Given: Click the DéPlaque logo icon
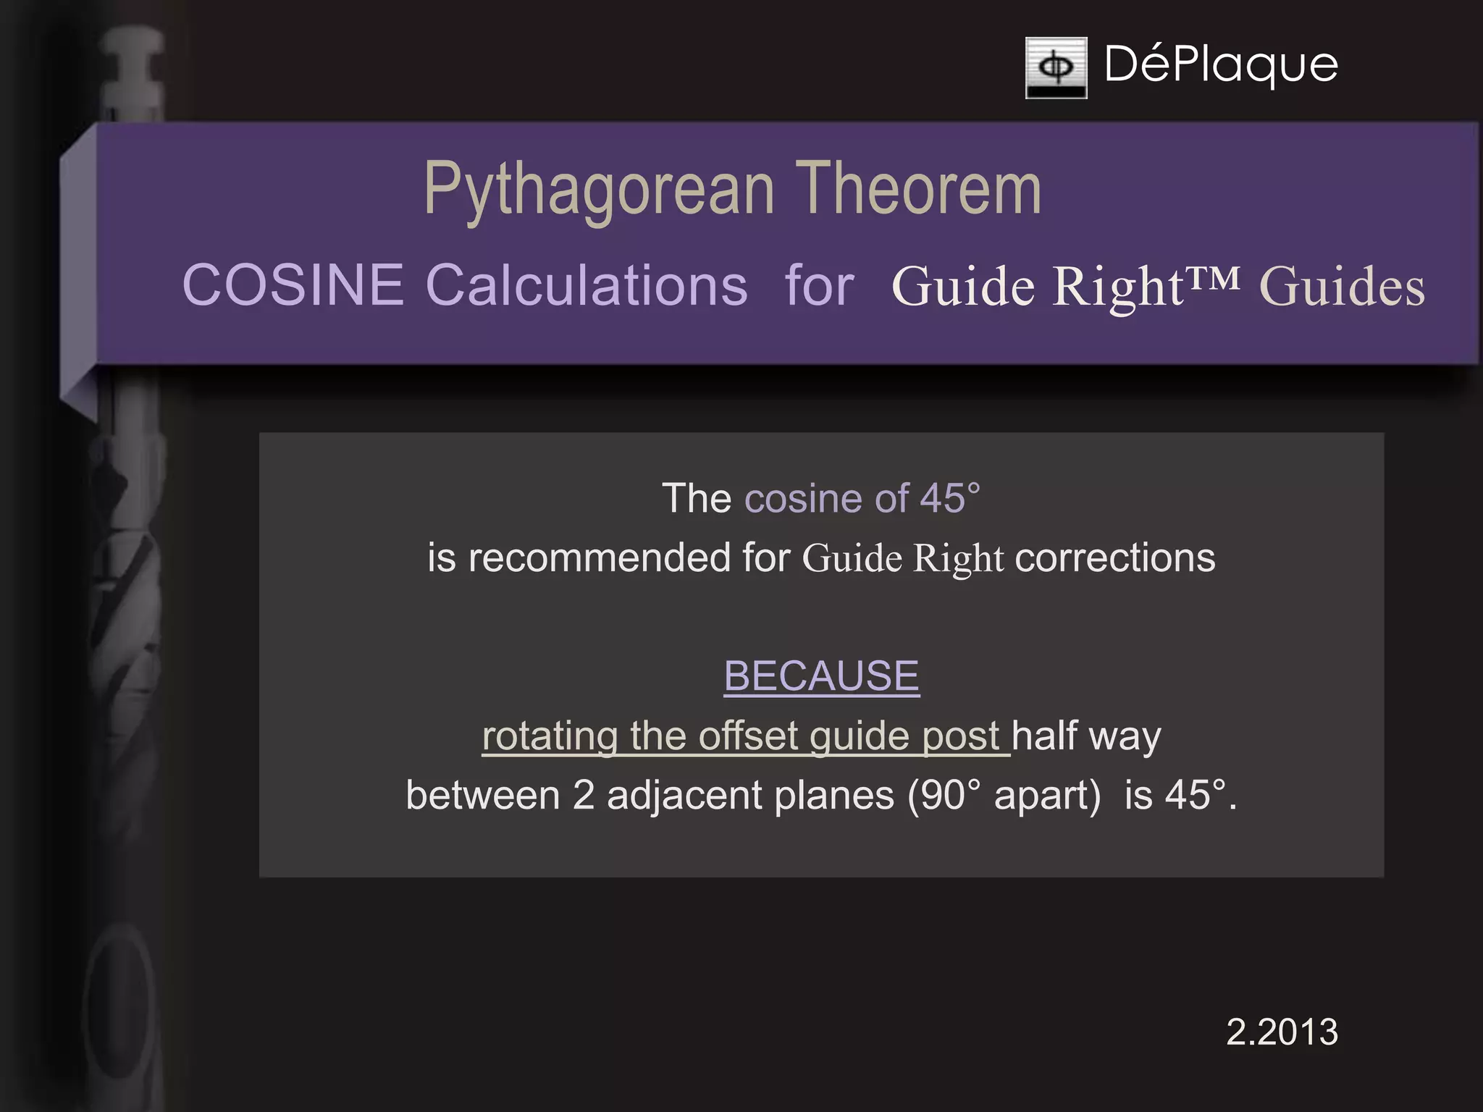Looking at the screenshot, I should coord(1056,67).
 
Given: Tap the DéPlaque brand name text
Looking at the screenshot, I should coord(1221,65).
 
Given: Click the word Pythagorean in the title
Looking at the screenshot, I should coord(600,190).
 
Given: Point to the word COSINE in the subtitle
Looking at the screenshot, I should coord(293,285).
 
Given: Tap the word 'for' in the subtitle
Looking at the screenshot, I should coord(820,286).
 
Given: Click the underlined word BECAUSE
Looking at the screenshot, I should coord(821,676).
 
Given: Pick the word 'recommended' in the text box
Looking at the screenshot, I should coord(599,558).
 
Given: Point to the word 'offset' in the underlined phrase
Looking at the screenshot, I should coord(748,736).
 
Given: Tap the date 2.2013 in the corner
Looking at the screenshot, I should coord(1282,1032).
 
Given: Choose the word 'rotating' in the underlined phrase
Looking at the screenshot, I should coord(550,736).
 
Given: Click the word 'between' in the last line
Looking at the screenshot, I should coord(483,795).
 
